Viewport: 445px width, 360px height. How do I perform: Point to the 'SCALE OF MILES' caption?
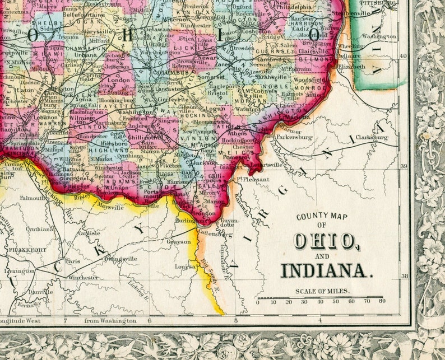point(322,291)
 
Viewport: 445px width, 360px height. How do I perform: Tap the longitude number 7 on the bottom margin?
point(65,321)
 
